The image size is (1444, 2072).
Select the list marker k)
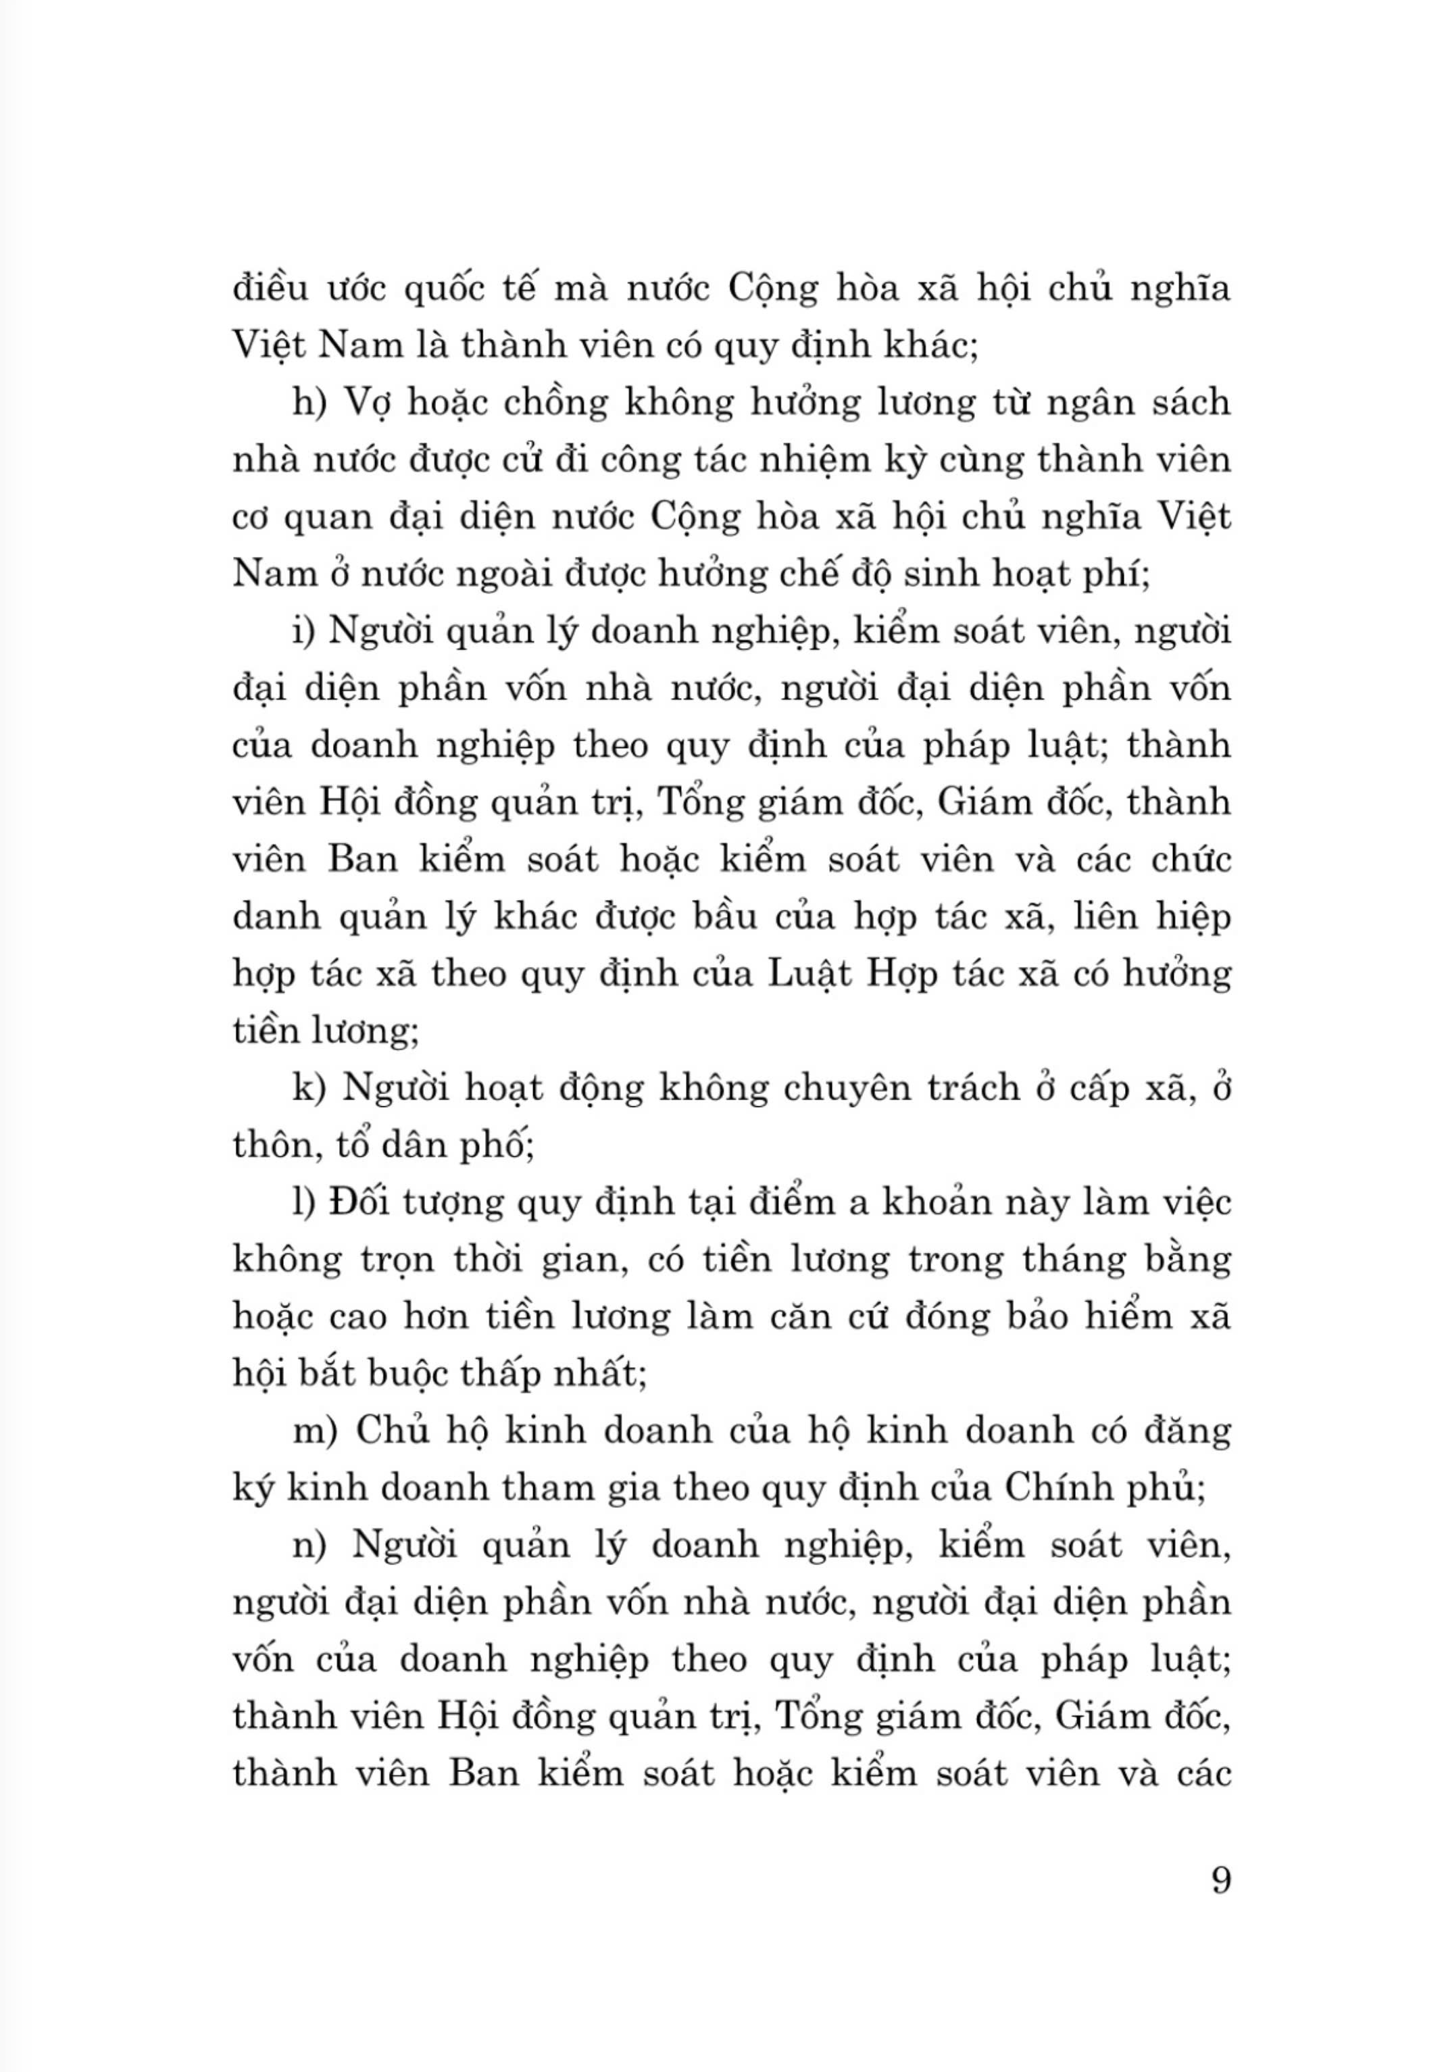click(309, 1088)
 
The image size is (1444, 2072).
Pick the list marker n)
click(309, 1546)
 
